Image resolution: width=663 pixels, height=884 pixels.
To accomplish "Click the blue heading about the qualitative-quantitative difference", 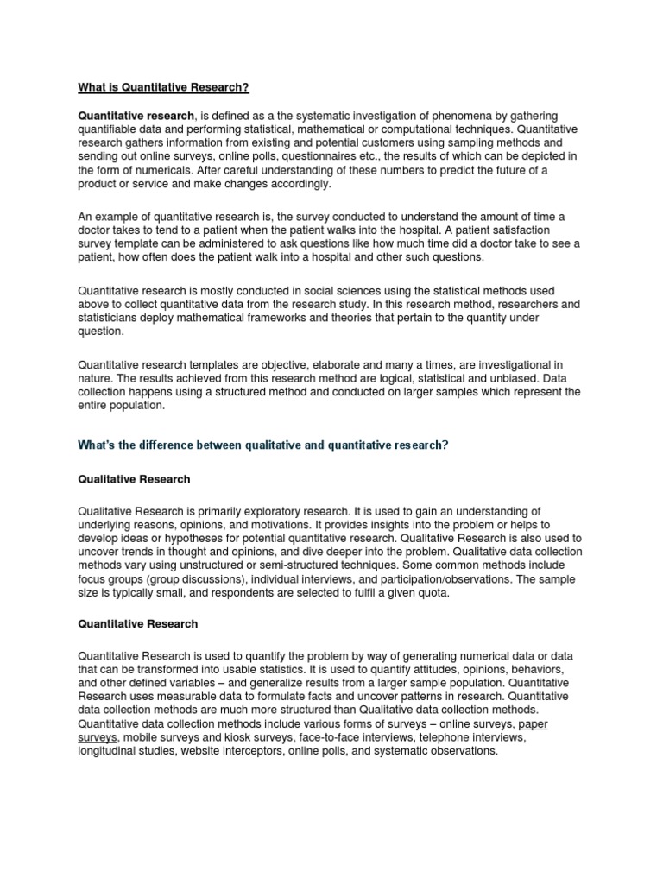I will coord(264,445).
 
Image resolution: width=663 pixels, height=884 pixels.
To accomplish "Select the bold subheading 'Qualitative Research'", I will coord(134,478).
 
